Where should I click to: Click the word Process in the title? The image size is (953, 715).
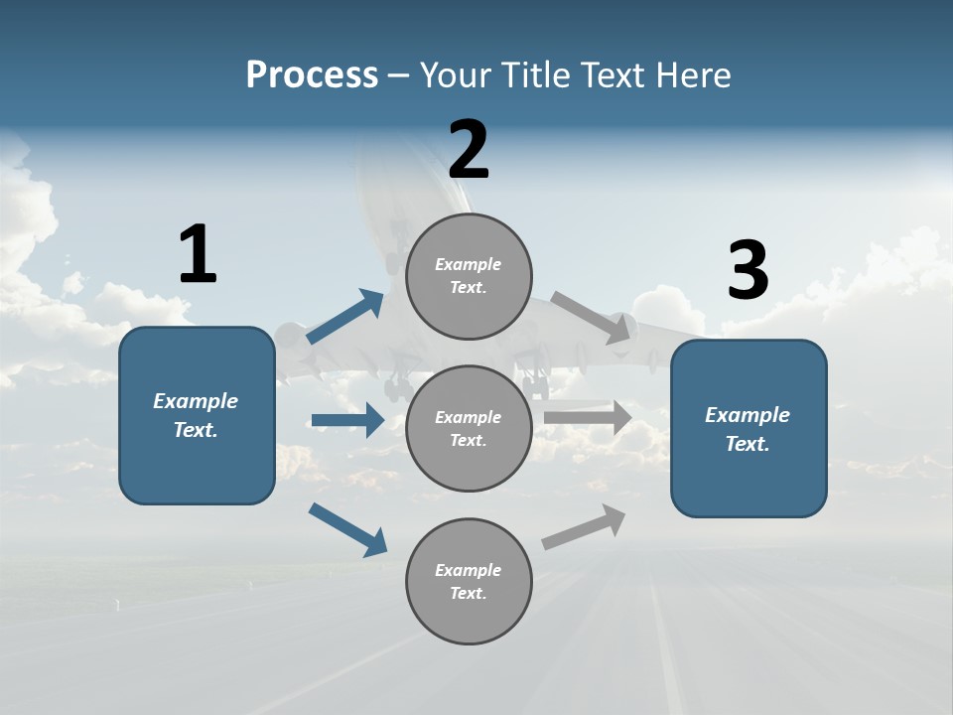point(312,75)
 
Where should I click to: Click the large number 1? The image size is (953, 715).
point(197,255)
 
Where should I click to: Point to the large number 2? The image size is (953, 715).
point(469,150)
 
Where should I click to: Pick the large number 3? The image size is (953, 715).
point(748,271)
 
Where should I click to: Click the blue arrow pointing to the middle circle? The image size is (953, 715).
point(347,420)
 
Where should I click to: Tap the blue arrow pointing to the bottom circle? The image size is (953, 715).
point(347,529)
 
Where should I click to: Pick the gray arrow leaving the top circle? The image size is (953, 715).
point(594,317)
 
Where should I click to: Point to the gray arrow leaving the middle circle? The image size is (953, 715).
point(588,417)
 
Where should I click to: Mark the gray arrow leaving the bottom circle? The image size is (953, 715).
point(584,527)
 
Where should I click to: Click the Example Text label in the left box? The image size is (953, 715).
point(196,415)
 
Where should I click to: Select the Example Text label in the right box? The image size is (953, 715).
point(748,429)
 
